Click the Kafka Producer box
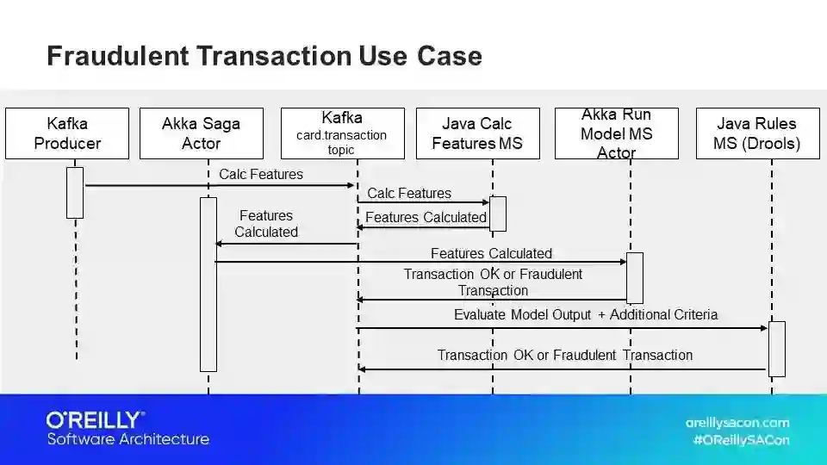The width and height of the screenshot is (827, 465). pos(67,133)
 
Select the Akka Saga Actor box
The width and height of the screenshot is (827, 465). pos(201,133)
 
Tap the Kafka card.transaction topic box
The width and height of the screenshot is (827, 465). pos(342,133)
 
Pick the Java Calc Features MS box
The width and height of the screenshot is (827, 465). pos(477,133)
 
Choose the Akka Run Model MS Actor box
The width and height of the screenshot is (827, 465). pos(616,133)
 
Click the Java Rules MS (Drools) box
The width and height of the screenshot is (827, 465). pos(756,133)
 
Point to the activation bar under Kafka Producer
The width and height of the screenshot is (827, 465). pos(75,192)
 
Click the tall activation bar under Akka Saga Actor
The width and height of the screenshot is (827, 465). pos(208,284)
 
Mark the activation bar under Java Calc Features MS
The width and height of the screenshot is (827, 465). pos(497,214)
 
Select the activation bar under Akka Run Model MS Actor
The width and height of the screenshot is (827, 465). pos(634,277)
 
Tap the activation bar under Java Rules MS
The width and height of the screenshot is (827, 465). pos(776,349)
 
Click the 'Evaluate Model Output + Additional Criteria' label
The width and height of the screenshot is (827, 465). pos(586,315)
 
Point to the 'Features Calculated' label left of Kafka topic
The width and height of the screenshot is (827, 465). pos(266,224)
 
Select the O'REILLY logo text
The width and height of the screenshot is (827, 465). pos(95,420)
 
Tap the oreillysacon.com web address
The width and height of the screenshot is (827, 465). pos(737,423)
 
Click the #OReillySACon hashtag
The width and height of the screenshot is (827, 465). pos(741,440)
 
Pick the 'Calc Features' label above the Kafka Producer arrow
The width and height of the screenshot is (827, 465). pos(261,175)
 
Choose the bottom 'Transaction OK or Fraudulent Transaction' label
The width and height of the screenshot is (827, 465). pos(564,355)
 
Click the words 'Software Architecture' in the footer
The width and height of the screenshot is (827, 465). pos(127,439)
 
